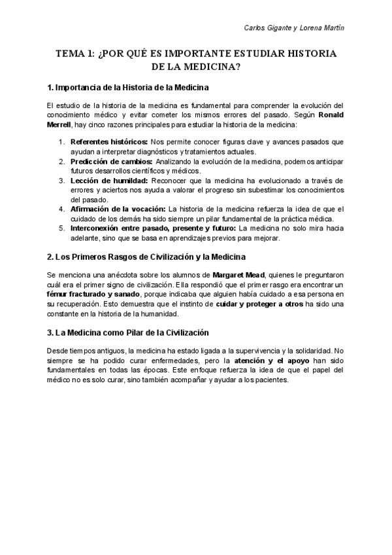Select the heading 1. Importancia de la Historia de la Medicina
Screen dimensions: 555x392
click(128, 87)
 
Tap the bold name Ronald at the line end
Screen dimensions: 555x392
click(329, 115)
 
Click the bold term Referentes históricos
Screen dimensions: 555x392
click(109, 141)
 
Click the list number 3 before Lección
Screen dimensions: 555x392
click(61, 180)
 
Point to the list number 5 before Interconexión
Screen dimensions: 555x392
click(61, 228)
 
